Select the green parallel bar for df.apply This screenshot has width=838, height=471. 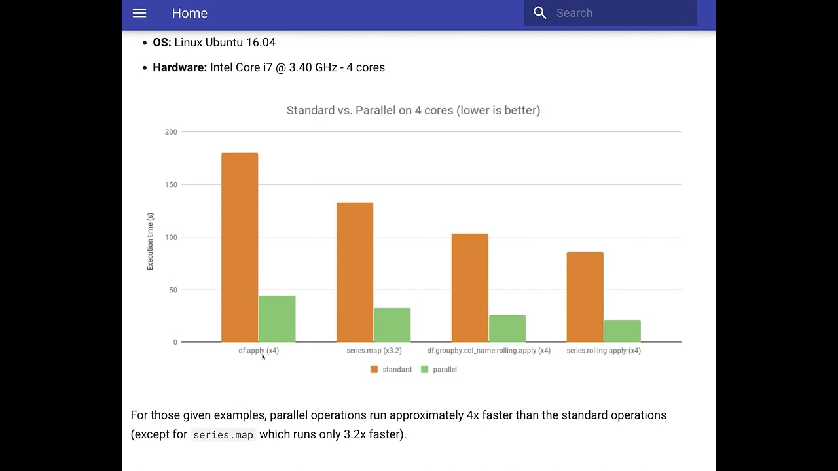tap(277, 319)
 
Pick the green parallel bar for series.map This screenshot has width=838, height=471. tap(392, 325)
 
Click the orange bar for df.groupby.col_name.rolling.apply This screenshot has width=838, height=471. tap(470, 288)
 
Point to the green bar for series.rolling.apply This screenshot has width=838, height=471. tap(622, 331)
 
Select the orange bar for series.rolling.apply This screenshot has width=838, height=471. tap(585, 297)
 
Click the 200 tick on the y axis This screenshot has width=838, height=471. tap(171, 132)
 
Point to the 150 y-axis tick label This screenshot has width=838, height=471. tap(171, 185)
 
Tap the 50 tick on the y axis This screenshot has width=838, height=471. tap(173, 290)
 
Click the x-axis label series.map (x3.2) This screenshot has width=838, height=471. tap(374, 351)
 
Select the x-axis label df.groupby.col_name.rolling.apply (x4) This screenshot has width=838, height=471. tap(488, 351)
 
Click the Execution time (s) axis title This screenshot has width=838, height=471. tap(150, 241)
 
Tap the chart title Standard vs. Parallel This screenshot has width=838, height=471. tap(413, 111)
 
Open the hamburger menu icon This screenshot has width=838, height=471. tap(139, 13)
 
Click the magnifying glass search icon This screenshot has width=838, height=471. tap(540, 13)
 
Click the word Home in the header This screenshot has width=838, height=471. tap(190, 13)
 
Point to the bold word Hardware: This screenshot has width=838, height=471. tap(179, 67)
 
